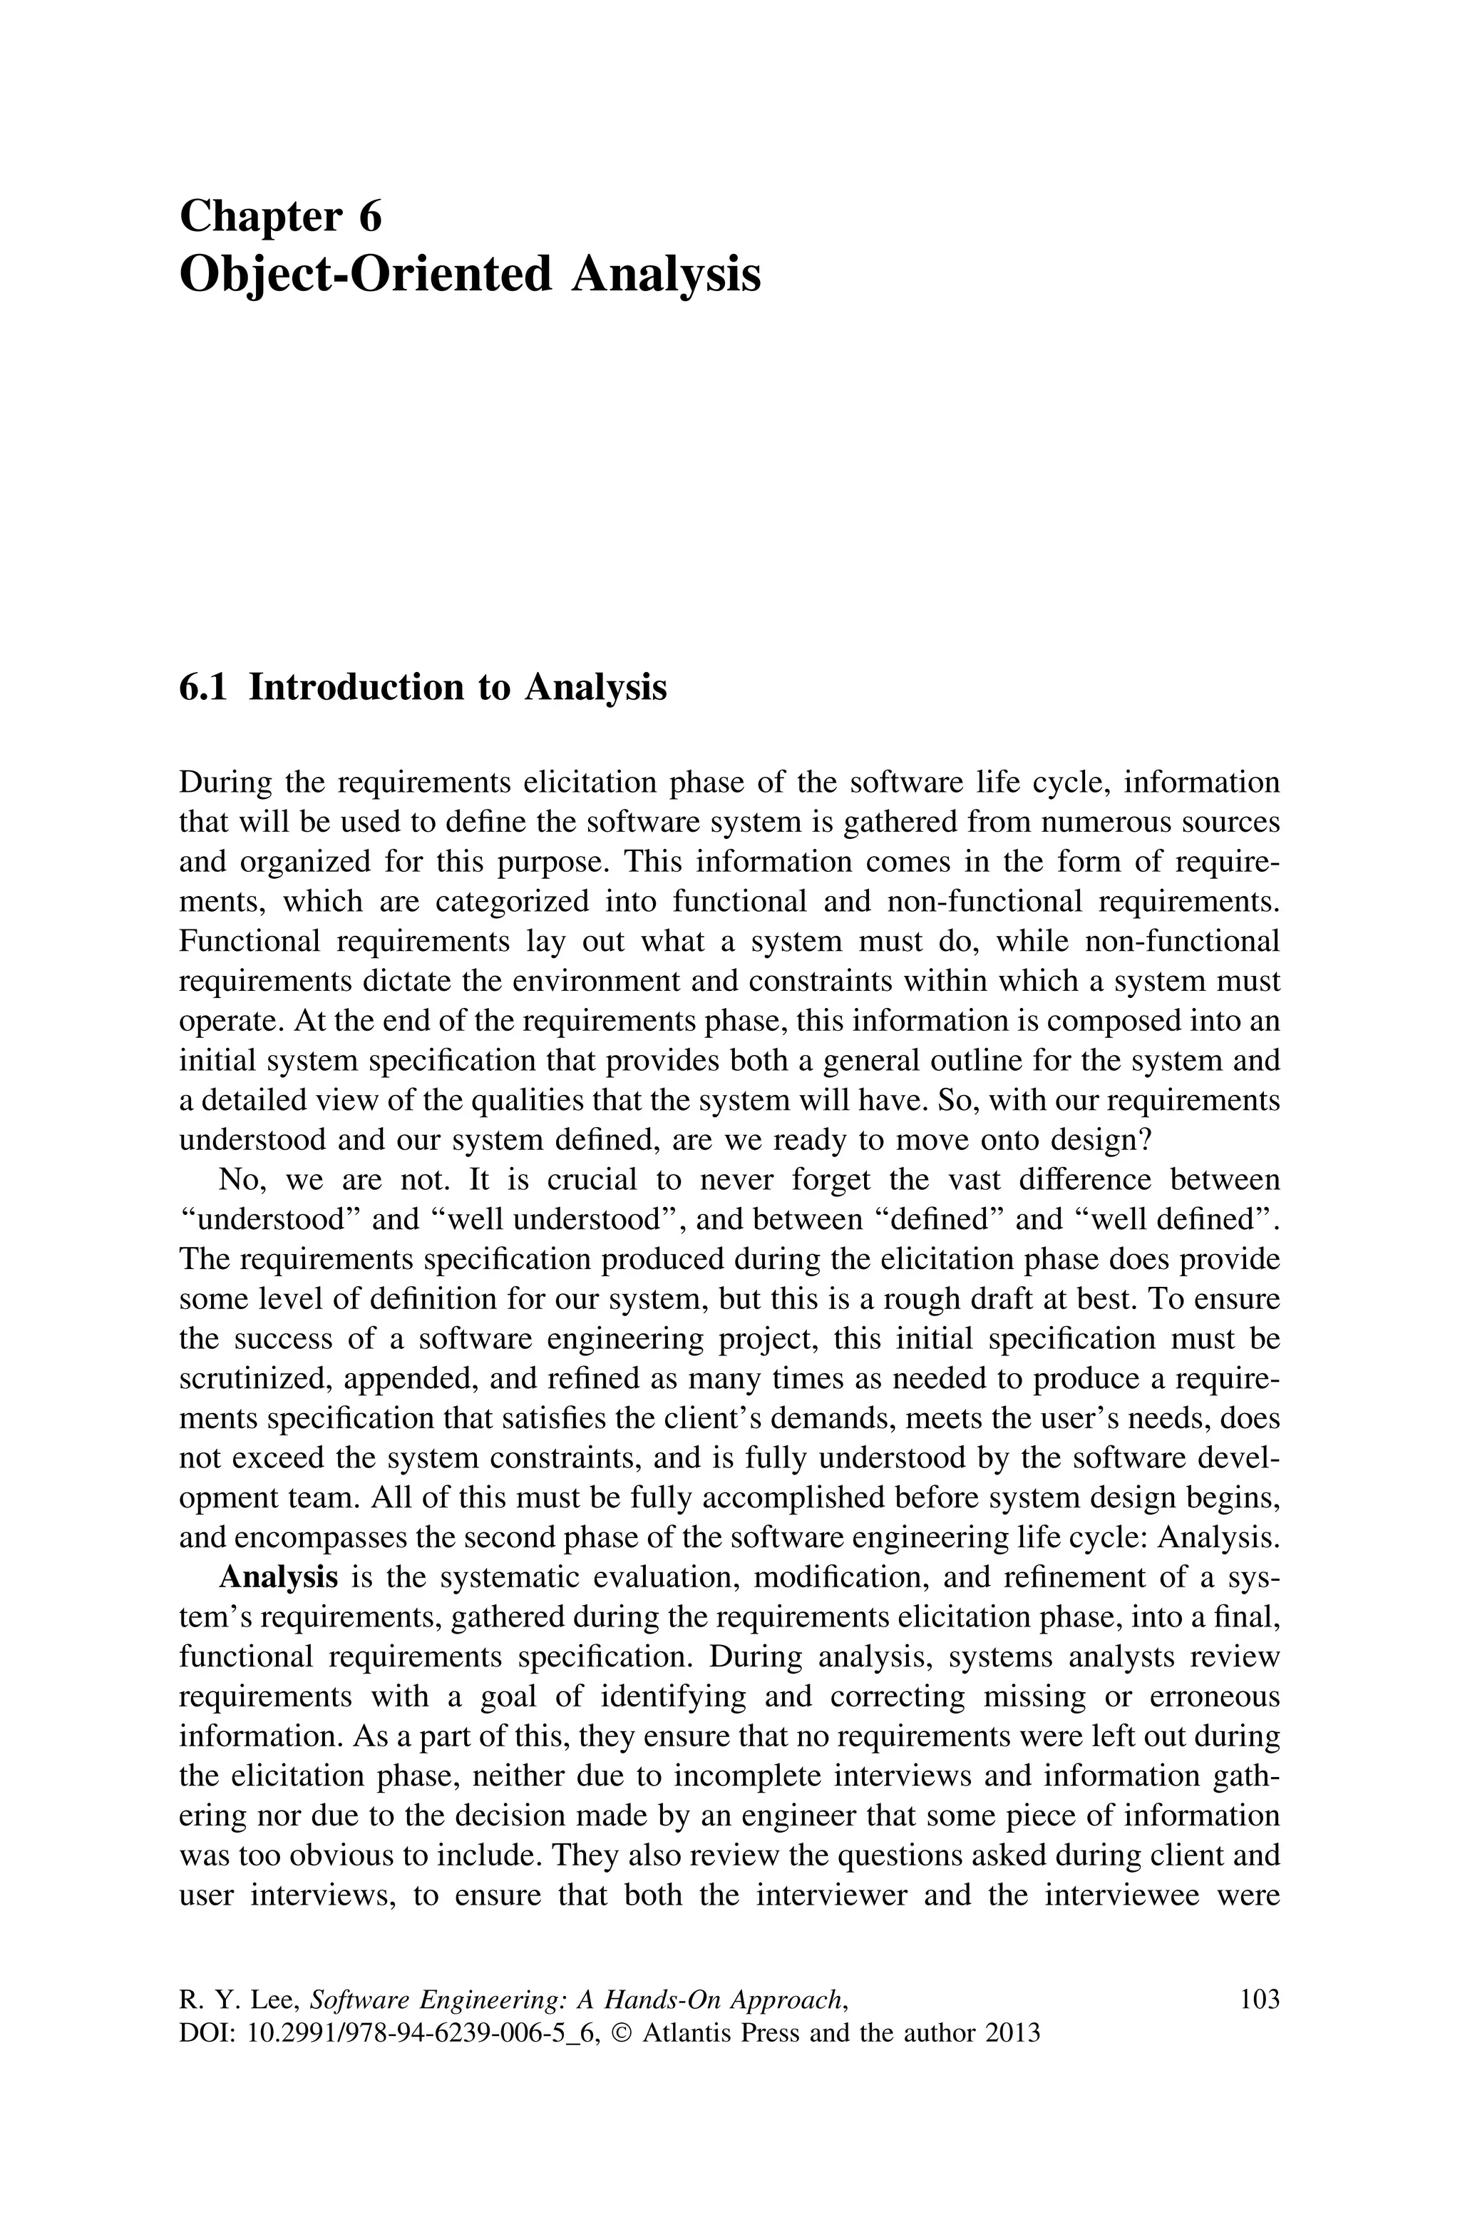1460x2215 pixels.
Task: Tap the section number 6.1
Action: tap(202, 688)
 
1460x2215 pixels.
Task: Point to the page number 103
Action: tap(1260, 2000)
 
